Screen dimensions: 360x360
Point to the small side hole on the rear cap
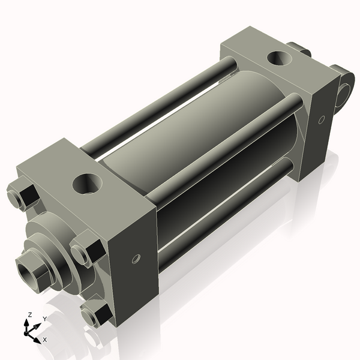click(321, 120)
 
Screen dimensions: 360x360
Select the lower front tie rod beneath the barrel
click(222, 210)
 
